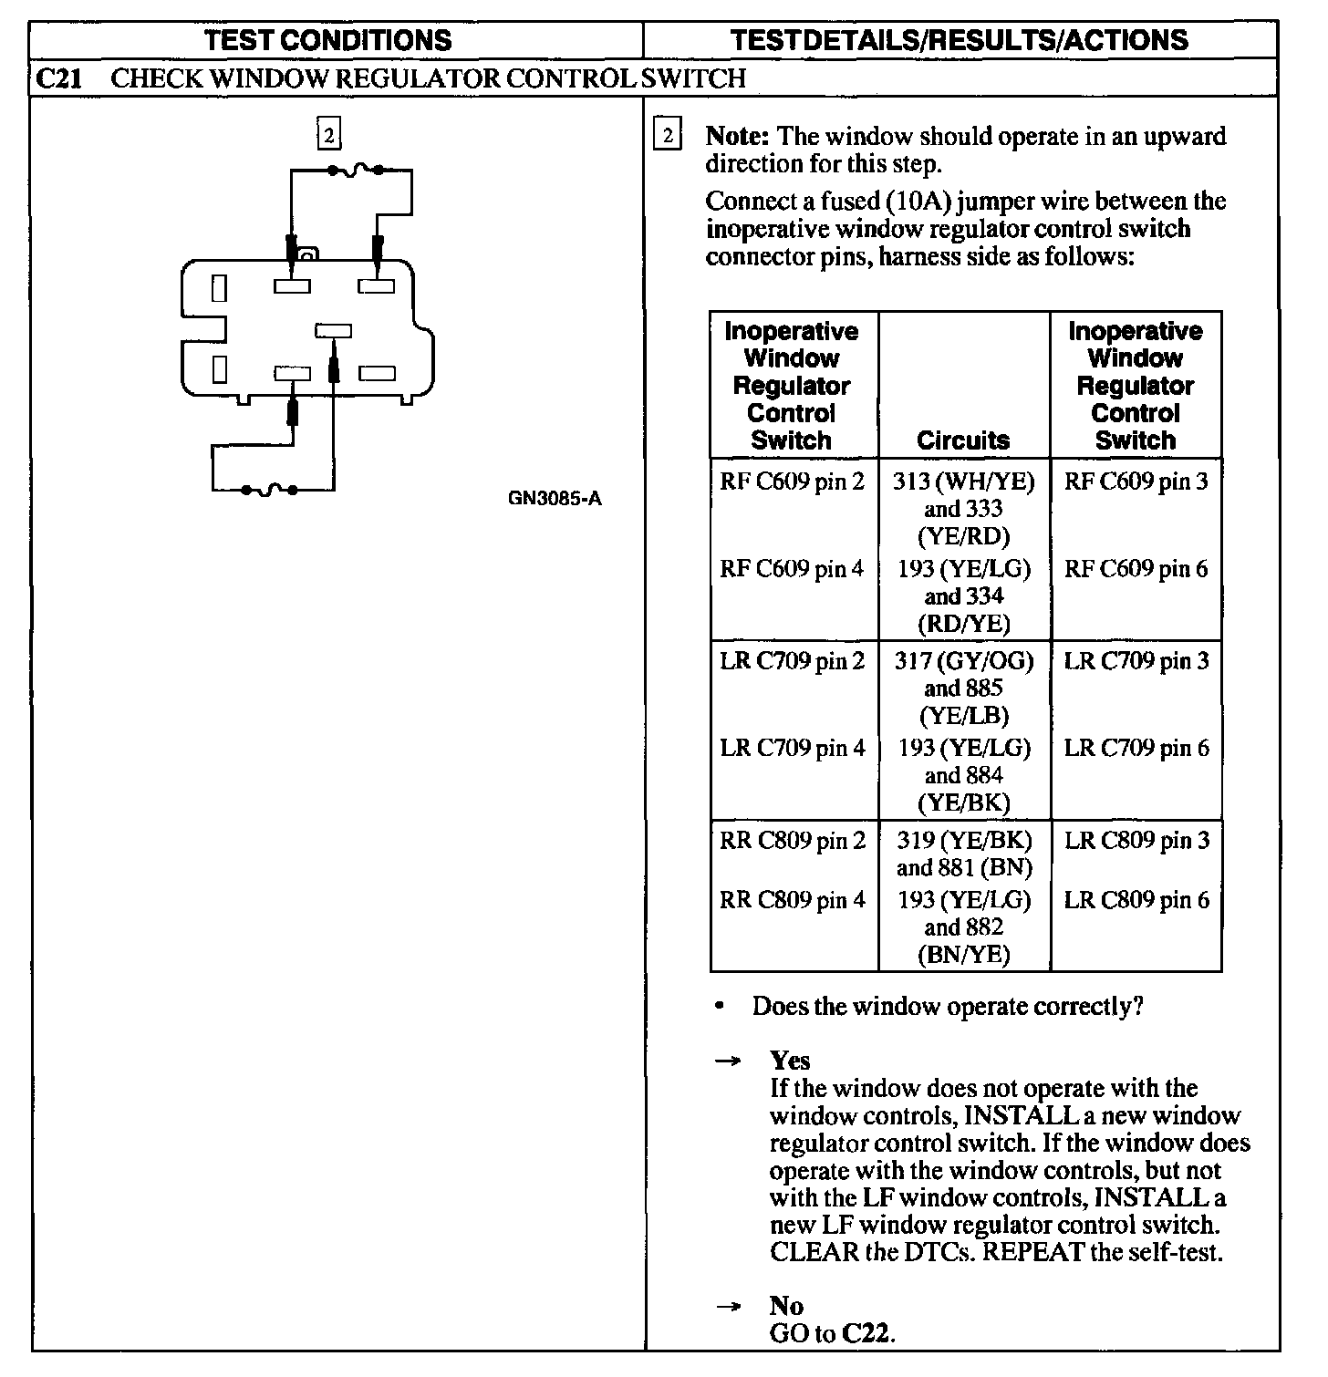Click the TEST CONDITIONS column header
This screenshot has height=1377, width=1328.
coord(328,40)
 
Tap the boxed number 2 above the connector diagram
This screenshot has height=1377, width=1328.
coord(328,136)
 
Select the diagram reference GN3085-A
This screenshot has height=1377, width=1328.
coord(555,499)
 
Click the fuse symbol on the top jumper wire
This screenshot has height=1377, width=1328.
coord(356,169)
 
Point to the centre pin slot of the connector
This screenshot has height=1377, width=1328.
coord(333,330)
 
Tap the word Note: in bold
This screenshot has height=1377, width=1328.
coord(739,137)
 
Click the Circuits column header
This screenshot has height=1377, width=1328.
coord(963,440)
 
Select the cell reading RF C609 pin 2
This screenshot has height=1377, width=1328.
coord(792,481)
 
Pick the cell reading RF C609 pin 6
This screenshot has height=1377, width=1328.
coord(1136,569)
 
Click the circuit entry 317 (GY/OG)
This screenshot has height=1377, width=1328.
coord(964,660)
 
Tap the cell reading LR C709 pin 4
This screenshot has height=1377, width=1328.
coord(792,748)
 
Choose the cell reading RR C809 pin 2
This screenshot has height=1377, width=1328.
coord(792,840)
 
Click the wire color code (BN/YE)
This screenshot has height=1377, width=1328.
coord(964,954)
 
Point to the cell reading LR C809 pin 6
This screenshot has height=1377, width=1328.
coord(1136,900)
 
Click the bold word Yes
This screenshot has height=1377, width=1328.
coord(790,1060)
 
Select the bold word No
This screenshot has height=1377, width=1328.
coord(785,1306)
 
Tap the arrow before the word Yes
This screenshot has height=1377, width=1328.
coord(727,1061)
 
